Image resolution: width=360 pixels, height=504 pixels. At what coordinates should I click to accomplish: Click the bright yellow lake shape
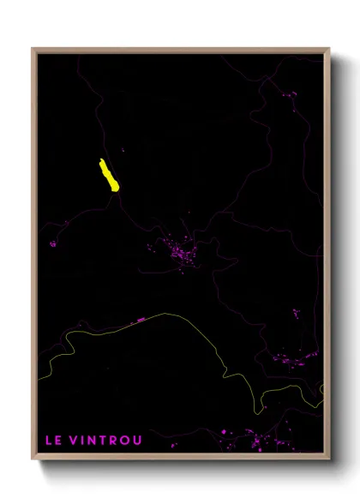click(x=108, y=176)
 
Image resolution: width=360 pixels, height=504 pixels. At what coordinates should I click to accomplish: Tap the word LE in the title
click(x=53, y=441)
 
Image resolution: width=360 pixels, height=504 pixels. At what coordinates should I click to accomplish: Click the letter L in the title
click(x=49, y=441)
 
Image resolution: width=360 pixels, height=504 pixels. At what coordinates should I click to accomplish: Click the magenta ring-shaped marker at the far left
click(x=53, y=243)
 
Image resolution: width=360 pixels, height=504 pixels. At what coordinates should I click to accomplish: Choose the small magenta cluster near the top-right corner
click(x=290, y=93)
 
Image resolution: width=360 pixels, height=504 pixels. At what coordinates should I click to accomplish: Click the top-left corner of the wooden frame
click(x=33, y=49)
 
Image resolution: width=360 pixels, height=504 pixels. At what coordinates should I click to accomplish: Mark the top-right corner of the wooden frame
click(x=328, y=49)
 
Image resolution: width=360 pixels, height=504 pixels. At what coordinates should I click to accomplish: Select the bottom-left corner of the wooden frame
click(x=33, y=460)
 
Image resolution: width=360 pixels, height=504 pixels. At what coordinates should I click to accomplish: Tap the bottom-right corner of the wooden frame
click(x=328, y=460)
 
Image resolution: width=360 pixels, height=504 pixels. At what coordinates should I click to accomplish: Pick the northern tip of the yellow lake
click(x=101, y=160)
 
